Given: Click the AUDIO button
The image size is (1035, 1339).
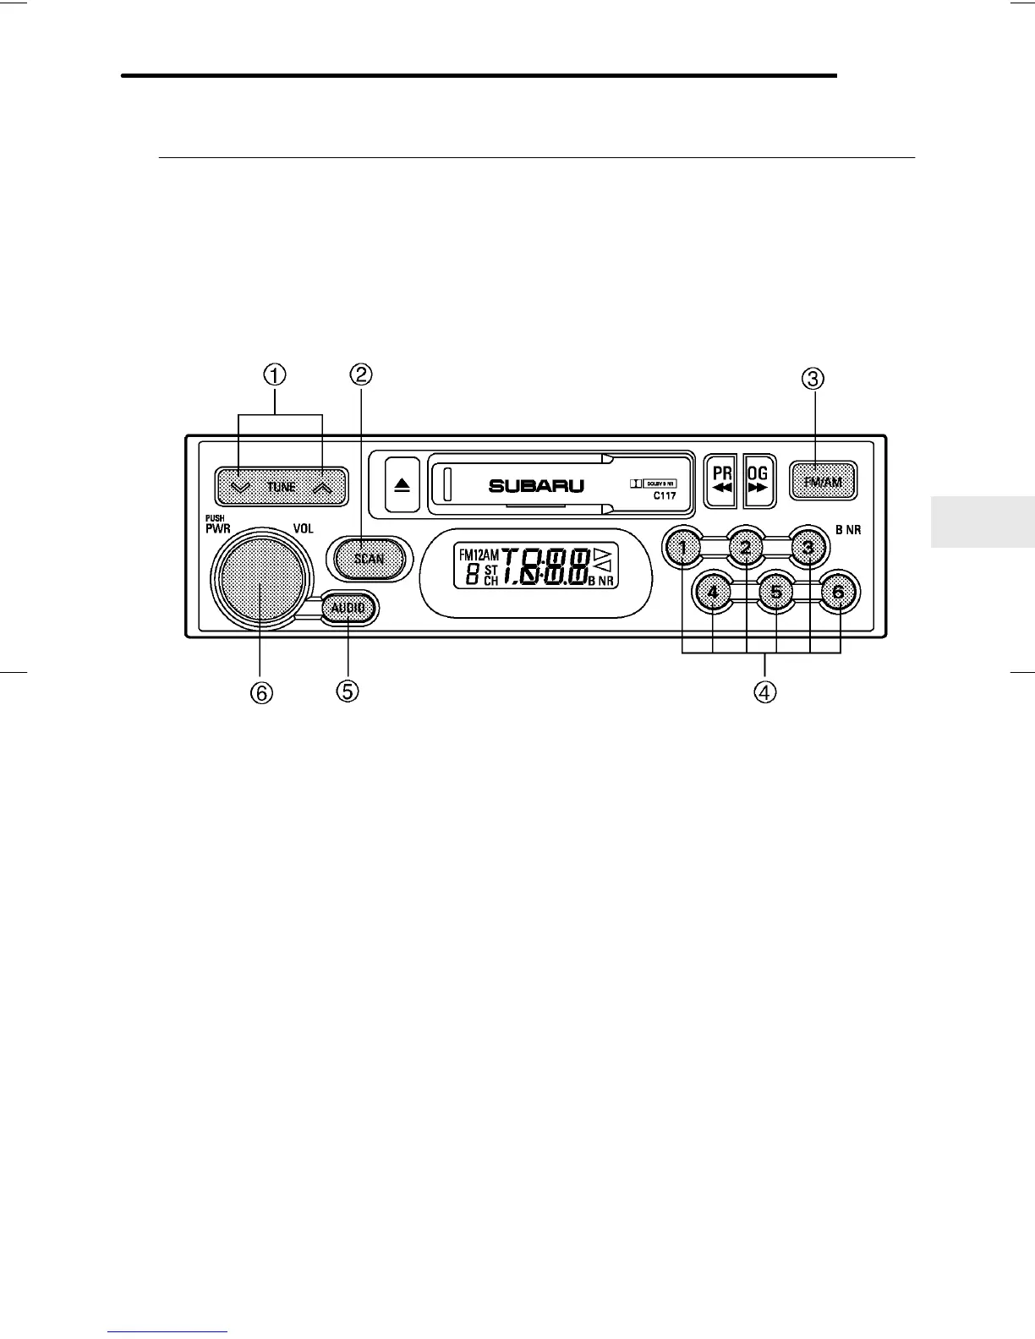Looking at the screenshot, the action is (348, 608).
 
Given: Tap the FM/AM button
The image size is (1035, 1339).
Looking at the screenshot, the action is (823, 482).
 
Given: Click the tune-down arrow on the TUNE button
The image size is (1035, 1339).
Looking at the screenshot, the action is (240, 487).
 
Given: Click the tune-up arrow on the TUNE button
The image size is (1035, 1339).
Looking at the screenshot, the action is (322, 487).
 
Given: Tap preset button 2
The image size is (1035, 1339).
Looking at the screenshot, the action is (745, 548).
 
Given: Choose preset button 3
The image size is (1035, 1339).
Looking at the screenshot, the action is (808, 548).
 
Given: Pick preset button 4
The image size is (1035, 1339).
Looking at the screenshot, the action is (713, 592).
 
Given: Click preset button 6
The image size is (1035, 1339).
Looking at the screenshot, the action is (838, 592).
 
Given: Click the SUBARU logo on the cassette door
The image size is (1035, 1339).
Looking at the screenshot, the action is (536, 486).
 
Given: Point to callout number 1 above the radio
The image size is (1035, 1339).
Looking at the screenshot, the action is (275, 374).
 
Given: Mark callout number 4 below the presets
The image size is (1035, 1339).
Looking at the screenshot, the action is (764, 691).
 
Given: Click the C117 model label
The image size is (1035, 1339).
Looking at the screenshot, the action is (664, 496).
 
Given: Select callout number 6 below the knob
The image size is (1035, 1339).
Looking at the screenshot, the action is (260, 692).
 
